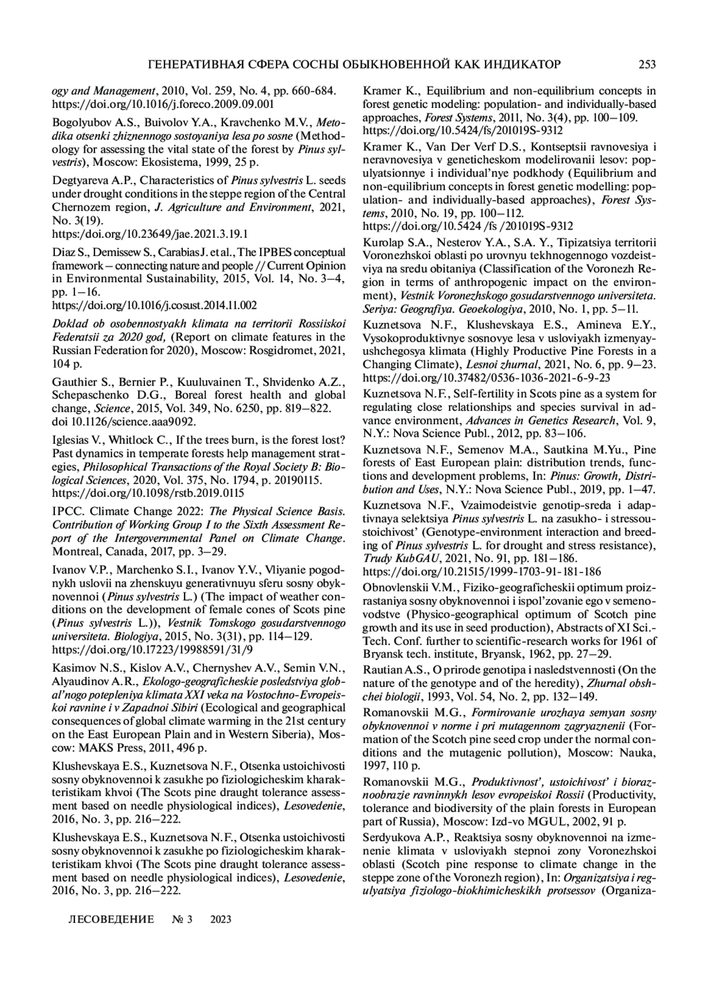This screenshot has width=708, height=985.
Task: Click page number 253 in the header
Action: [x=647, y=64]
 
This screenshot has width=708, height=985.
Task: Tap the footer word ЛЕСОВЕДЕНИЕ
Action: [x=112, y=919]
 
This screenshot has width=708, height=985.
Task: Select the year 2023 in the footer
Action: [x=221, y=919]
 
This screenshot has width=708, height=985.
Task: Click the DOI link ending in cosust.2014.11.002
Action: [x=155, y=305]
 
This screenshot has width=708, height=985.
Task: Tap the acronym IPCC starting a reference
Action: [x=67, y=512]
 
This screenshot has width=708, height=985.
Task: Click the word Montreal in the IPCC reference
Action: [x=73, y=552]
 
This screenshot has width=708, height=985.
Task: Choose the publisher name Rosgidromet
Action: [x=267, y=351]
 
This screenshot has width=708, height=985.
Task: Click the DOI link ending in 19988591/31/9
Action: [x=152, y=650]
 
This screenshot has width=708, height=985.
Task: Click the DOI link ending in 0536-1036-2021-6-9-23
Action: [x=486, y=377]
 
